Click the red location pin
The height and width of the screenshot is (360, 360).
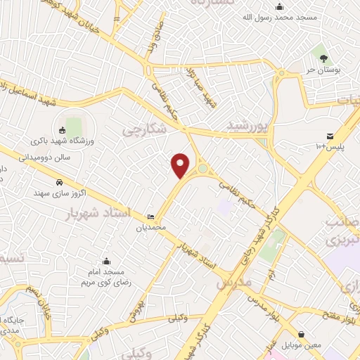181,165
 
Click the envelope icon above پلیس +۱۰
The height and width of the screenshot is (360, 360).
329,136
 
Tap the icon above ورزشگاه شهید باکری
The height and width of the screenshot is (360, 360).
62,129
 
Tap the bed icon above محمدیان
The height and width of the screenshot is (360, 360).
150,217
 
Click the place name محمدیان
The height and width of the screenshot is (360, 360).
150,227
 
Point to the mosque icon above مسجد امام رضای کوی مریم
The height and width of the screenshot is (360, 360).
106,261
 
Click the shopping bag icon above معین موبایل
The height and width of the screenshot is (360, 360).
302,335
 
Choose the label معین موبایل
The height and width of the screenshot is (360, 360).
302,345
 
